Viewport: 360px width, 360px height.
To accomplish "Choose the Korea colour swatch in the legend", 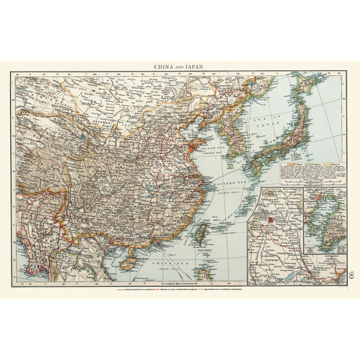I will [326, 164].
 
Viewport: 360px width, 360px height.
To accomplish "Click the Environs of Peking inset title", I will [324, 259].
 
